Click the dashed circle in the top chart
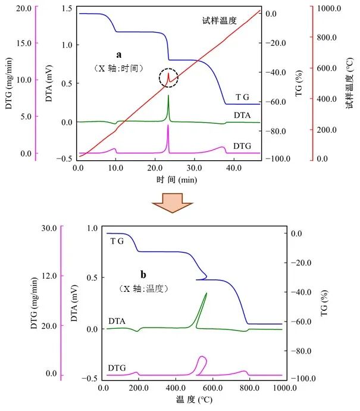click(x=168, y=78)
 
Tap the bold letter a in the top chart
click(x=118, y=54)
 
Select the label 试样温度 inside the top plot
click(x=219, y=20)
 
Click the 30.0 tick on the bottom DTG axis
click(x=47, y=228)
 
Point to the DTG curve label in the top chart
click(x=242, y=144)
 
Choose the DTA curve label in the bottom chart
click(x=117, y=321)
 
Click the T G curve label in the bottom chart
click(x=117, y=241)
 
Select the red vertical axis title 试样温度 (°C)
click(x=350, y=83)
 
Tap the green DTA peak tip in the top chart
click(x=168, y=95)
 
